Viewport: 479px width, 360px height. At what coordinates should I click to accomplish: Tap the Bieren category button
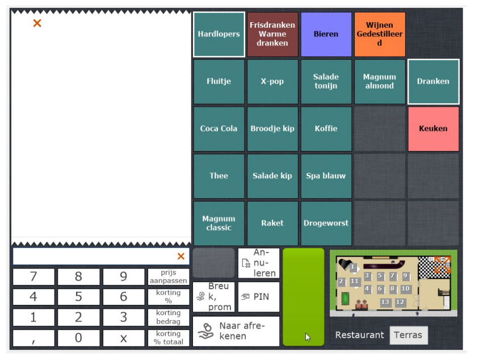326,34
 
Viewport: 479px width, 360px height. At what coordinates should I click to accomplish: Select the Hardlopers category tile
219,34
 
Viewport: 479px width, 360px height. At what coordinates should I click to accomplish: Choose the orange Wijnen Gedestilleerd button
380,34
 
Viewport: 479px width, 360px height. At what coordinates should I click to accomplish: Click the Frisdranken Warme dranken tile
272,34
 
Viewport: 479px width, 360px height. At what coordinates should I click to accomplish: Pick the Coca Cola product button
219,129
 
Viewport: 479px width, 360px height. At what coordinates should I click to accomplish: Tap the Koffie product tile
326,129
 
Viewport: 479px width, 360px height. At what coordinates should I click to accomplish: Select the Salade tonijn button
326,81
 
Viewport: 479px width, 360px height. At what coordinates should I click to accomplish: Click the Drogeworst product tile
326,223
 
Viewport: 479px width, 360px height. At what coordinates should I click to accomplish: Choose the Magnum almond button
380,81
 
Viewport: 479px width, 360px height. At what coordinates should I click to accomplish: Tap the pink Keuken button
434,129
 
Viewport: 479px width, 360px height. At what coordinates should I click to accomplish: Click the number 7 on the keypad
33,277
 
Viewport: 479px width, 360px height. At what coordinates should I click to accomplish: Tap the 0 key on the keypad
78,338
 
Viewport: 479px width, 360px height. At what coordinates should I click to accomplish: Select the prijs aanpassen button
169,277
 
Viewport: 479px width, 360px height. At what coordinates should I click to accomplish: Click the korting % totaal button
169,338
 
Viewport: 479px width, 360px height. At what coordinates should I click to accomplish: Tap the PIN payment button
259,297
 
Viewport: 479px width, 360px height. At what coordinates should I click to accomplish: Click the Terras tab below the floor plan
409,335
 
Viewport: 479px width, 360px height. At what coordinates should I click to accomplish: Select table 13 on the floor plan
385,302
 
